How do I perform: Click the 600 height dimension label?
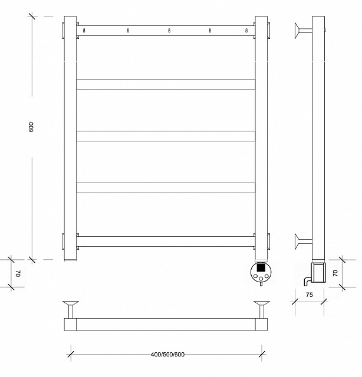coord(31,127)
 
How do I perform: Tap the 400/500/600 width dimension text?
coord(167,355)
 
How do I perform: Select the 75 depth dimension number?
coord(310,295)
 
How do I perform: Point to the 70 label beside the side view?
coord(335,273)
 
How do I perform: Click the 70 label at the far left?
coord(18,273)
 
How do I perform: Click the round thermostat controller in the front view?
coord(261,272)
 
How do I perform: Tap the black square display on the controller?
coord(261,267)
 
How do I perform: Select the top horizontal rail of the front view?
coord(166,31)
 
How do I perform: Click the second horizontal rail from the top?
coord(166,84)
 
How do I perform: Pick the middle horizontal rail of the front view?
coord(166,136)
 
